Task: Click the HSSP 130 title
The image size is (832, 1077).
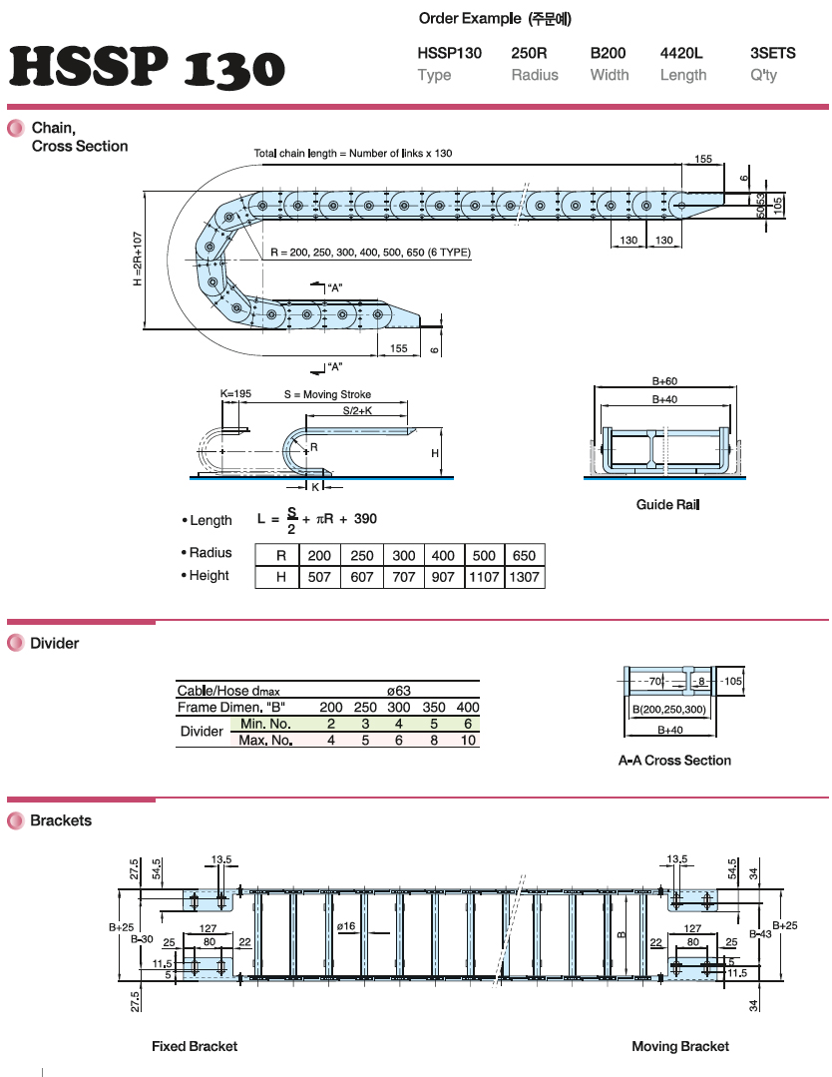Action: (x=147, y=68)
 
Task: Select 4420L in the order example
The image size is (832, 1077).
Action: (x=682, y=53)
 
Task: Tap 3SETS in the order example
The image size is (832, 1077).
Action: (x=772, y=53)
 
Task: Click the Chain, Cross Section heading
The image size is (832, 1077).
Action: (x=79, y=137)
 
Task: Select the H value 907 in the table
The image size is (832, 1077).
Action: (x=443, y=577)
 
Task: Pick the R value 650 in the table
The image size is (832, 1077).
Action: (x=523, y=555)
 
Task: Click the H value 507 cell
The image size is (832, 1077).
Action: (x=319, y=577)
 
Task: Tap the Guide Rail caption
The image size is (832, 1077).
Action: (x=668, y=505)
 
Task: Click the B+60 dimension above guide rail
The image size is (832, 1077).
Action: (x=664, y=381)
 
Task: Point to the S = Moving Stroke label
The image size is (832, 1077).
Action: (x=327, y=394)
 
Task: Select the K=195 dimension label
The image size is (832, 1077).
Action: (x=235, y=394)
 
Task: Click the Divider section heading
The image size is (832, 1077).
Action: (x=54, y=644)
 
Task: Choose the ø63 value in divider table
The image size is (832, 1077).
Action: (x=399, y=690)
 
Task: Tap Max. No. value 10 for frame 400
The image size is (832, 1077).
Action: (x=467, y=740)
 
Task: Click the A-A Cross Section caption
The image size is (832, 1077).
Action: (x=674, y=761)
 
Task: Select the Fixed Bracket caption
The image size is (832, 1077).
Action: (x=195, y=1046)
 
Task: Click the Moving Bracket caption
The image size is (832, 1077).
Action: (x=680, y=1046)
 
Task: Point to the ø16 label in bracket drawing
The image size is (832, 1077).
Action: (x=346, y=927)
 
